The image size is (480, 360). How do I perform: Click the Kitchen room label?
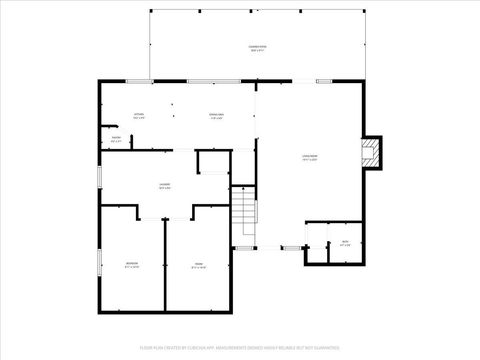click(139, 116)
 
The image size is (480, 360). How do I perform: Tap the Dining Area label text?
click(216, 116)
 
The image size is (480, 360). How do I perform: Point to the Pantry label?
click(116, 139)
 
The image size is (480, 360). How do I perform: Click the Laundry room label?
click(164, 187)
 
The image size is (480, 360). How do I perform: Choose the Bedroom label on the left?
click(132, 265)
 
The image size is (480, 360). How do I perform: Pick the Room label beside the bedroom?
click(198, 265)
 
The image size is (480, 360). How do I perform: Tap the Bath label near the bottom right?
click(345, 242)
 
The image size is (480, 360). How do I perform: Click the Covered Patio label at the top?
click(257, 48)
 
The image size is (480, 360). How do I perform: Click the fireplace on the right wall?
click(372, 152)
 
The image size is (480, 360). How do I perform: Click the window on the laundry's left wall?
click(98, 176)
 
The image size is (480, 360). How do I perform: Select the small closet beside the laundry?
click(213, 162)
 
